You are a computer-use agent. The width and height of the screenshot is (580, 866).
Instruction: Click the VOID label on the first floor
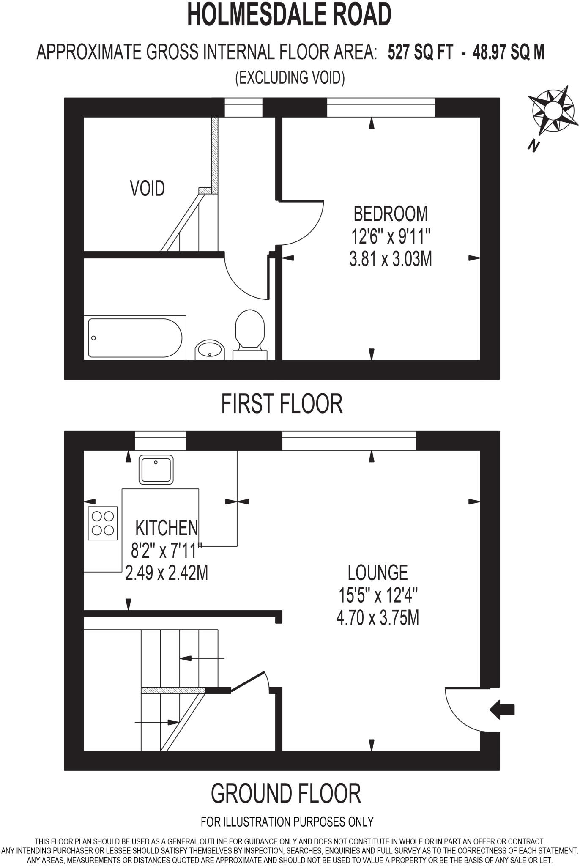point(147,188)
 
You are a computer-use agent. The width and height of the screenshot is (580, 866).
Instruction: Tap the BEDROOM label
point(390,214)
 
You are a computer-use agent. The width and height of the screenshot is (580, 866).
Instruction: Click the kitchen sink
point(156,469)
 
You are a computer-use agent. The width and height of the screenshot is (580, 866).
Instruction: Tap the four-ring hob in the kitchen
point(103,523)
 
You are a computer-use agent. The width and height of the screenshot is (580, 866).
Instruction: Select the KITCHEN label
point(166,528)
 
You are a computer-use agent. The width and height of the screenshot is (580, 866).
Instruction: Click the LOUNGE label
point(378,573)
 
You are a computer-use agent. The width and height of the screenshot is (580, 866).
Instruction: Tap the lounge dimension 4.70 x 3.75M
point(378,618)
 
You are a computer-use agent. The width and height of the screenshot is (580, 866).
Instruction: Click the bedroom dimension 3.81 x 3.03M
point(390,259)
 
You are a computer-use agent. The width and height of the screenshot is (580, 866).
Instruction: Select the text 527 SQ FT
point(420,53)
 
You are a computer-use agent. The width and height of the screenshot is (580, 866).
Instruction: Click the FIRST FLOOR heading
point(282,404)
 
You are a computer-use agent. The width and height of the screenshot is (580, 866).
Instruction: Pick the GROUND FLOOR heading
point(286,794)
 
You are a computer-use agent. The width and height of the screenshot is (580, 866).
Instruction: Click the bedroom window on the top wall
point(380,107)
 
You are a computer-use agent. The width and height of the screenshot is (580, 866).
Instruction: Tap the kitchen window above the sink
point(160,441)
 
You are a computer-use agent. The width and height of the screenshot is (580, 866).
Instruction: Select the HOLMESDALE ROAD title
point(290,15)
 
